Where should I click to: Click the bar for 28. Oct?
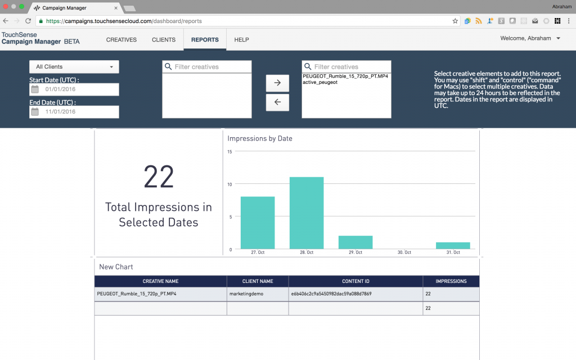click(307, 213)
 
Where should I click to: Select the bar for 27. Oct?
click(258, 222)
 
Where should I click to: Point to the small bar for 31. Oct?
click(453, 246)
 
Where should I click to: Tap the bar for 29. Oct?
click(355, 242)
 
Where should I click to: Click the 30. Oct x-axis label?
click(404, 253)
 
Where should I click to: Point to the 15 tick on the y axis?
click(229, 152)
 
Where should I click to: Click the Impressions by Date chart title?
click(260, 138)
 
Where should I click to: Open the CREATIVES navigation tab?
click(121, 40)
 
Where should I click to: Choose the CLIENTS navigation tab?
click(164, 40)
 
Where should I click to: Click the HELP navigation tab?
click(241, 40)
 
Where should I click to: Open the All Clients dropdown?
click(74, 67)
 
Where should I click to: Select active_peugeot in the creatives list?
click(320, 82)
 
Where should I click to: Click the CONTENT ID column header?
click(355, 281)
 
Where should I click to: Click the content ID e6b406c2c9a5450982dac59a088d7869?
click(331, 294)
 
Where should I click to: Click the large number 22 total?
click(159, 177)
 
